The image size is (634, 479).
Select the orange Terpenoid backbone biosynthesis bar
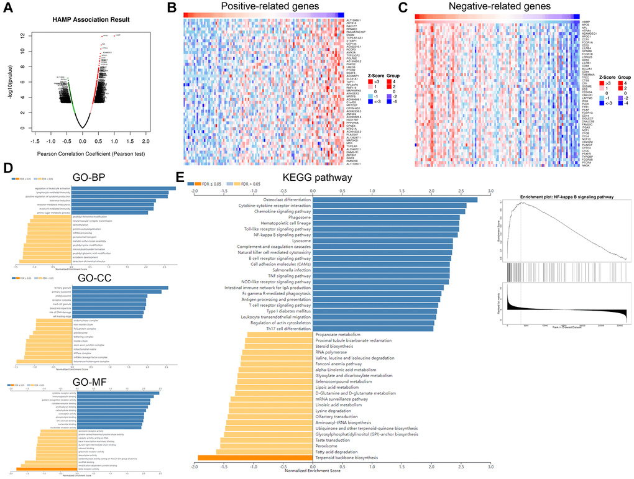click(x=254, y=457)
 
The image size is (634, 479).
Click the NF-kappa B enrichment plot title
click(x=566, y=196)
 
